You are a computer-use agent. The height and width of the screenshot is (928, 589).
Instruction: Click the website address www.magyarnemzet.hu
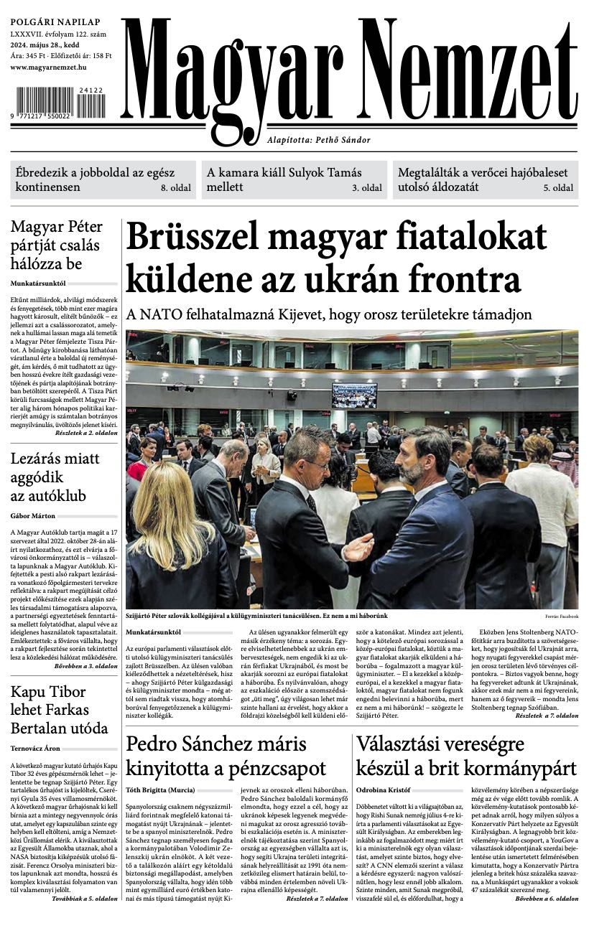pyautogui.click(x=49, y=67)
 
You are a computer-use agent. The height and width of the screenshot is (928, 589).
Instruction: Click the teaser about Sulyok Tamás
pyautogui.click(x=284, y=179)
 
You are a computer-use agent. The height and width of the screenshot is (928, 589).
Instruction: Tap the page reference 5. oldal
pyautogui.click(x=558, y=188)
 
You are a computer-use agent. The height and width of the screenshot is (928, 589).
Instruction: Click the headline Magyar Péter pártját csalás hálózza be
pyautogui.click(x=57, y=245)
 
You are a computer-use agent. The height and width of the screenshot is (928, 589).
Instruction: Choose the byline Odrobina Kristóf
pyautogui.click(x=384, y=790)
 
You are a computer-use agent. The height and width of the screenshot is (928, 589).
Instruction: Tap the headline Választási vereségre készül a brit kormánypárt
pyautogui.click(x=466, y=755)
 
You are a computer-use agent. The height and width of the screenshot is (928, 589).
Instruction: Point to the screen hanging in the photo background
pyautogui.click(x=353, y=395)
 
